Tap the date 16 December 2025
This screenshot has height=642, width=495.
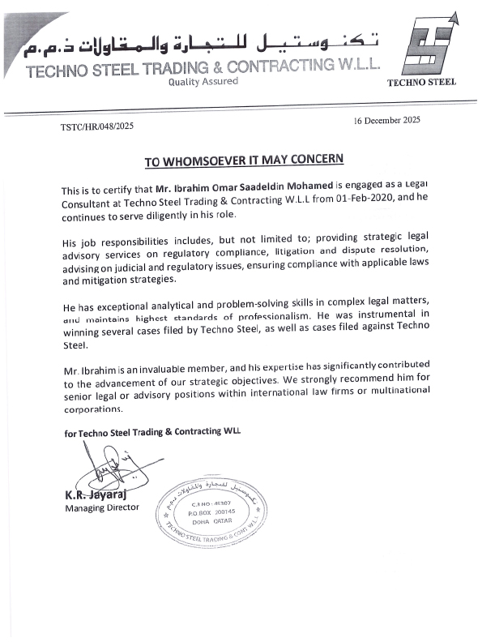coord(386,121)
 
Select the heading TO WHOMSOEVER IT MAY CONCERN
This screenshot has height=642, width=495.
coord(244,160)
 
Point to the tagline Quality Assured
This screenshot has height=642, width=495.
coord(203,81)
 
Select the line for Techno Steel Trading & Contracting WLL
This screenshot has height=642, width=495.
coord(152,433)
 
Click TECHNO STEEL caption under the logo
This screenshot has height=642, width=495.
coord(421,82)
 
